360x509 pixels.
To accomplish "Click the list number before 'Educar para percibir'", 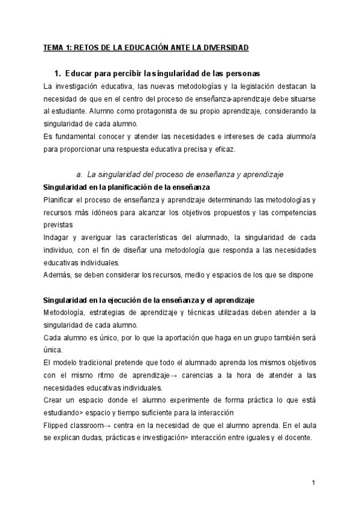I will coord(57,74).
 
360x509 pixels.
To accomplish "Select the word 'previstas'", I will coord(58,225).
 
